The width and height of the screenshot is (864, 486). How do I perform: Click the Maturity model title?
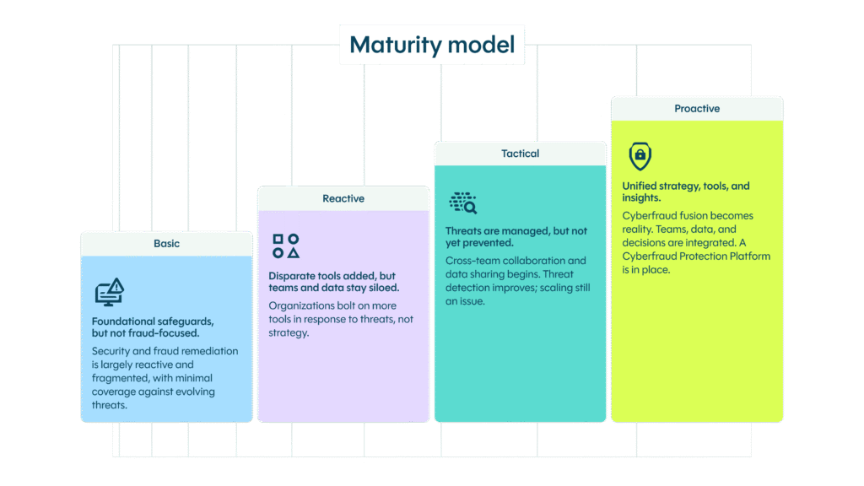pos(432,45)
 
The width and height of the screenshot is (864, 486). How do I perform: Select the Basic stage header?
pos(166,243)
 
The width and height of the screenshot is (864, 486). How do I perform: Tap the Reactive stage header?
pos(343,198)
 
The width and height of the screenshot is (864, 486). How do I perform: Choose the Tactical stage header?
pos(520,154)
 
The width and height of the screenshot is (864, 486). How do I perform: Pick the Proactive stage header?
pos(697,108)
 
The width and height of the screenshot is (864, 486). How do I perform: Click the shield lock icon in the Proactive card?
pos(641,156)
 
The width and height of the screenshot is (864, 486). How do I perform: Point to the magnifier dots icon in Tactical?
pos(463,202)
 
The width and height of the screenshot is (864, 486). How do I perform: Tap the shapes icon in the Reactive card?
pos(286,246)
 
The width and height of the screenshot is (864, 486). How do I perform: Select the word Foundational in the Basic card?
pos(123,321)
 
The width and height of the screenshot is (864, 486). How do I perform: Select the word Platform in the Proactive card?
pos(750,256)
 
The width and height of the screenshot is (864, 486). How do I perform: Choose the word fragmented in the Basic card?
pos(119,378)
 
